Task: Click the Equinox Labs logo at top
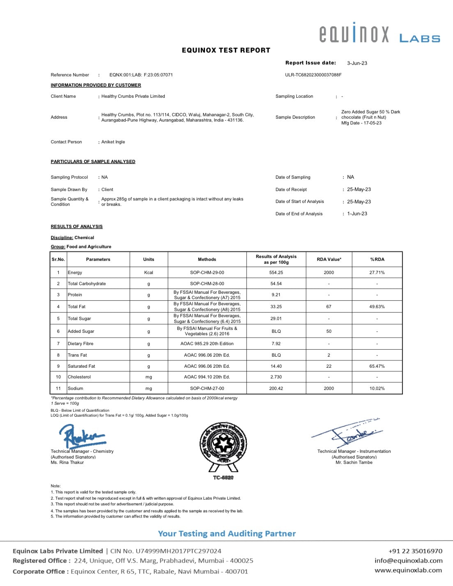(379, 33)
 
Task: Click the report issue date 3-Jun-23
(357, 63)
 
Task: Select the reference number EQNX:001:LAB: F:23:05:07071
(141, 75)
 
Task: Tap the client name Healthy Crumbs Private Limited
(133, 96)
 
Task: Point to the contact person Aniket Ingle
(113, 142)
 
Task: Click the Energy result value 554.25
(276, 272)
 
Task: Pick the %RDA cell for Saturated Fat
(377, 366)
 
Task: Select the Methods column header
(207, 259)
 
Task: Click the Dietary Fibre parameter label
(80, 344)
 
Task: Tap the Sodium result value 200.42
(276, 388)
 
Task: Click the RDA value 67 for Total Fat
(329, 307)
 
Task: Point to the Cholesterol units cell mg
(149, 377)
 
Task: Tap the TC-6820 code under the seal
(223, 478)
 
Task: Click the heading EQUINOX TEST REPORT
(226, 51)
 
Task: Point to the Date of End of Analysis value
(357, 214)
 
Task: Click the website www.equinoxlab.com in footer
(408, 570)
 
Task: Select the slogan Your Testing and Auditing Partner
(227, 534)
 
